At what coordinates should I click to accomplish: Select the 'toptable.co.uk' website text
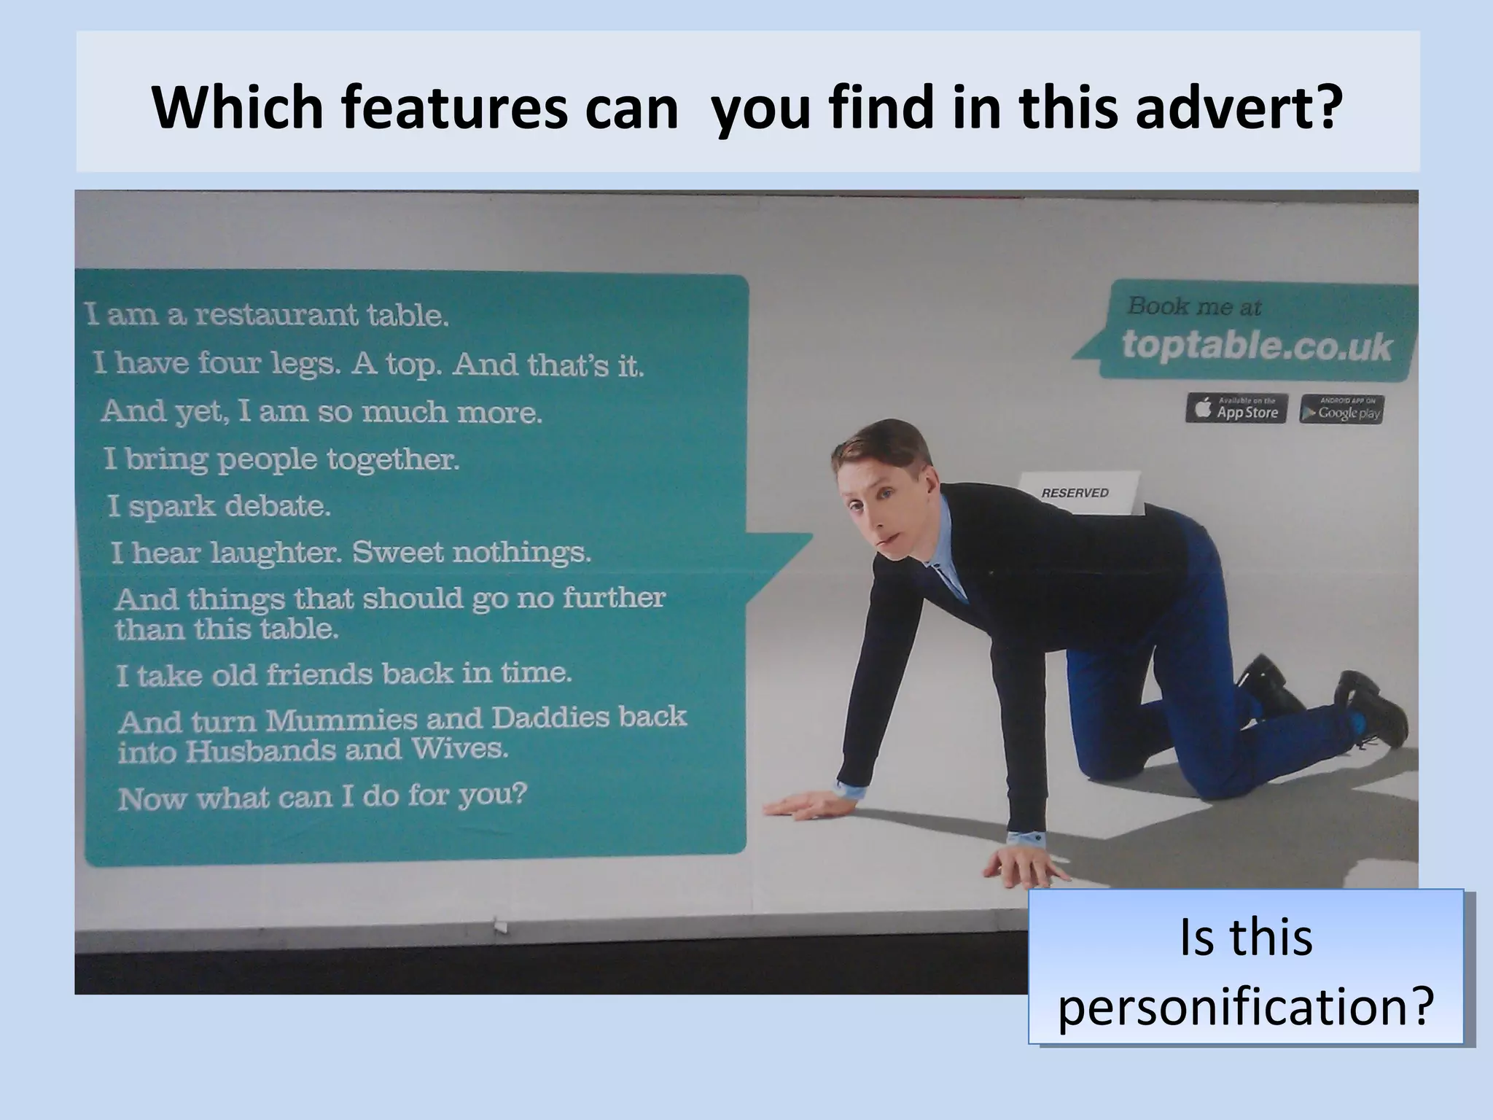pyautogui.click(x=1257, y=346)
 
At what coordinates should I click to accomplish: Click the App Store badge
pyautogui.click(x=1236, y=409)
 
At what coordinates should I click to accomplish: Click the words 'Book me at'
pyautogui.click(x=1194, y=306)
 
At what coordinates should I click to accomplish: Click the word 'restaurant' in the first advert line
pyautogui.click(x=277, y=315)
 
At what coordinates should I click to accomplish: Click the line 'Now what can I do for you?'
pyautogui.click(x=321, y=797)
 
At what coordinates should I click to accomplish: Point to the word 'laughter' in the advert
pyautogui.click(x=276, y=553)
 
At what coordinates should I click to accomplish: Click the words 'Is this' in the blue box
pyautogui.click(x=1246, y=938)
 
